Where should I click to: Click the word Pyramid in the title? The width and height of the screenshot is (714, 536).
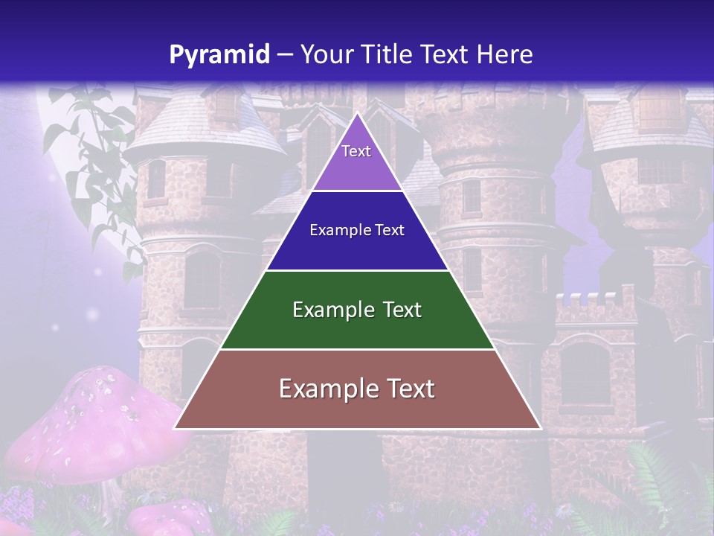pyautogui.click(x=219, y=55)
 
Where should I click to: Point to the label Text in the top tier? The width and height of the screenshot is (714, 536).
pyautogui.click(x=356, y=151)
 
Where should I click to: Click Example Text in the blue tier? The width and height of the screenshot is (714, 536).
pyautogui.click(x=357, y=230)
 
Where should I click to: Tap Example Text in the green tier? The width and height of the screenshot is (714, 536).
pyautogui.click(x=357, y=310)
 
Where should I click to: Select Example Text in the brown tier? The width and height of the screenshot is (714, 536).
pyautogui.click(x=357, y=389)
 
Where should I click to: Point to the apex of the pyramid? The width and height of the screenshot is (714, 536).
pyautogui.click(x=357, y=114)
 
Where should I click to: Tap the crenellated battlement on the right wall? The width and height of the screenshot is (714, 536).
pyautogui.click(x=587, y=306)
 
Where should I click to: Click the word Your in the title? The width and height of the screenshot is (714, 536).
pyautogui.click(x=325, y=55)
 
